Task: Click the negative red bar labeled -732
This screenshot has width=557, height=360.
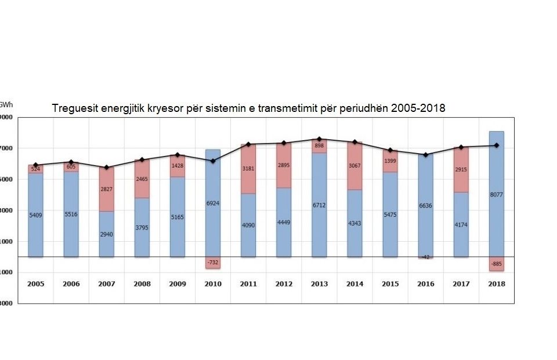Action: point(213,262)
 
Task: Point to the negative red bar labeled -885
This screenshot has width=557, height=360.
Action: point(496,264)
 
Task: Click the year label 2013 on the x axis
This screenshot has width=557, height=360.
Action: point(319,284)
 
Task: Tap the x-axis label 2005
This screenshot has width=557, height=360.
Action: point(36,284)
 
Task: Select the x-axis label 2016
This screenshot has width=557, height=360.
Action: point(425,284)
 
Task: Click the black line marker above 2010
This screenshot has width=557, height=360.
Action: point(213,161)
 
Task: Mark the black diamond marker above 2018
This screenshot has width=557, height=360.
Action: point(496,146)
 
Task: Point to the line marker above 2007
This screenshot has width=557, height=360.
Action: point(107,168)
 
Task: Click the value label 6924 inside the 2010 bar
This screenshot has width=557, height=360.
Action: point(213,203)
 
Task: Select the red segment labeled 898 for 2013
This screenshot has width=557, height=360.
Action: point(319,146)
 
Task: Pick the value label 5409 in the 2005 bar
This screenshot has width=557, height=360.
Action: point(36,215)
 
